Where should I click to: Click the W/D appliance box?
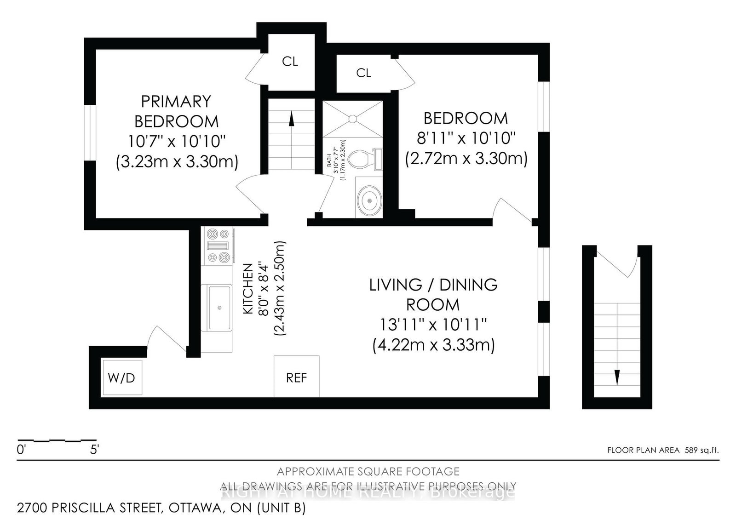click(122, 377)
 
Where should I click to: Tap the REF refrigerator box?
click(296, 377)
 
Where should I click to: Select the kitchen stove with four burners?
click(218, 246)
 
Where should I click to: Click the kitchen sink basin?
click(219, 307)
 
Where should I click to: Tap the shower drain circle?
click(352, 119)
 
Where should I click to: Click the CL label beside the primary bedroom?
click(290, 62)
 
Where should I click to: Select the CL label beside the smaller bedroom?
click(363, 73)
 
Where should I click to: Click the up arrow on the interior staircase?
click(291, 118)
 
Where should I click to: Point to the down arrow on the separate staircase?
click(617, 377)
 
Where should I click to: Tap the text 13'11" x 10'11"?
click(433, 325)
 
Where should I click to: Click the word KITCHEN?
click(248, 288)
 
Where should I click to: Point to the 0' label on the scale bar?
click(21, 450)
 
